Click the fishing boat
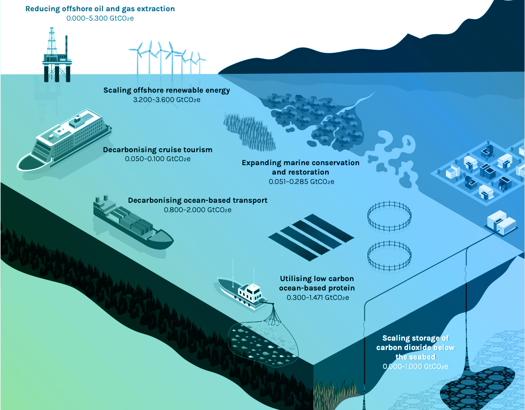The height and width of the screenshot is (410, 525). point(244,291)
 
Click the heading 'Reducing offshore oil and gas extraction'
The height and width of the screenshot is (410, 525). point(100,9)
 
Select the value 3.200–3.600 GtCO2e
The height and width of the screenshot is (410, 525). point(166,99)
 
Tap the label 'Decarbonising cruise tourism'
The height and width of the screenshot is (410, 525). point(157,149)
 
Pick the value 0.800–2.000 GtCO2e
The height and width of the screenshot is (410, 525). point(198,209)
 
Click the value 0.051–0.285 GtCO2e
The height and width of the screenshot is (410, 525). point(301,182)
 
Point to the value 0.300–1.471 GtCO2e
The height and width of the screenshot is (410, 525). point(318,297)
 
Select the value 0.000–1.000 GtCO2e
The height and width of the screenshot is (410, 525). point(415,366)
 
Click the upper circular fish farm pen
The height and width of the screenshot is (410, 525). point(389,215)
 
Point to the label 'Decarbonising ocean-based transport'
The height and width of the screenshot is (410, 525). point(198,200)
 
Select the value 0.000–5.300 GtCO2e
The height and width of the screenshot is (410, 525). point(100,18)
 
